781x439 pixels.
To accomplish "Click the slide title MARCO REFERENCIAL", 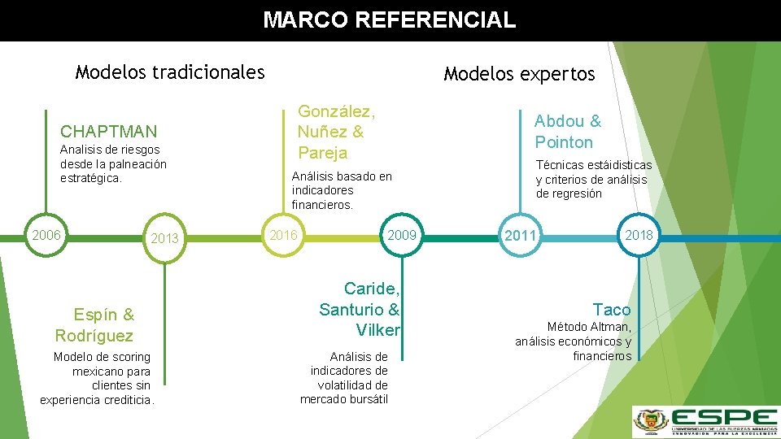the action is pos(389,20).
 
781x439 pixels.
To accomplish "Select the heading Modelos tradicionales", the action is pos(170,72).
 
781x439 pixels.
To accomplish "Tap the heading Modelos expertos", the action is pos(519,75).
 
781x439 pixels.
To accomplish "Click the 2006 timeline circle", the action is pos(46,235).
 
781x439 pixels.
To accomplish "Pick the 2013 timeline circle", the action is pos(164,238).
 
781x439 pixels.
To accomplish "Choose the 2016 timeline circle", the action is pos(282,236).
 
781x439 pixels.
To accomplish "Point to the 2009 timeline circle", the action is pos(402,236).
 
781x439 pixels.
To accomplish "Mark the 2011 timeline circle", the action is pos(520,237).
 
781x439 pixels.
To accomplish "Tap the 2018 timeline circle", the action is pos(639,236).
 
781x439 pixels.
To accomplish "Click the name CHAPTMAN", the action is pos(109,131).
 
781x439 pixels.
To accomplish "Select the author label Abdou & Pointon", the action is pos(567,132).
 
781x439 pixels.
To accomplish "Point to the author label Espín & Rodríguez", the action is pos(95,325).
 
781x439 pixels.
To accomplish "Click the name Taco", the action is pos(612,309).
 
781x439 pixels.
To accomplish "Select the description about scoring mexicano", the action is pos(98,378).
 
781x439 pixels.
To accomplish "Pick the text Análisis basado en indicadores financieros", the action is pos(342,190).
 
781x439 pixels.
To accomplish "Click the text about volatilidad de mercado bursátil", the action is pos(344,378).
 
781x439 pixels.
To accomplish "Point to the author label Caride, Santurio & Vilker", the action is pos(360,309).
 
